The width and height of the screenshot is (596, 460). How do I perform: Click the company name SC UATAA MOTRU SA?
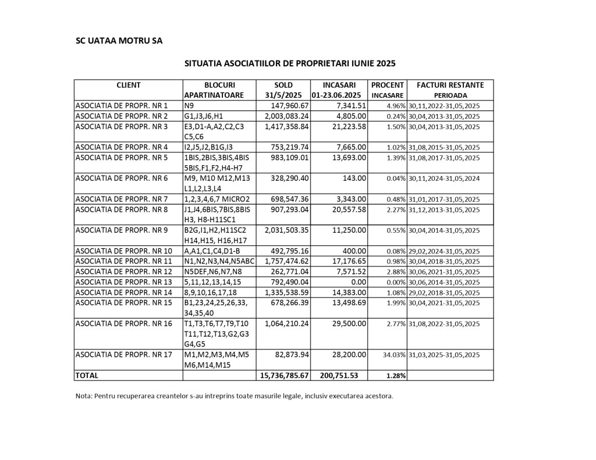119,41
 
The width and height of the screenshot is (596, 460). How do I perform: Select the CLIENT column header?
128,85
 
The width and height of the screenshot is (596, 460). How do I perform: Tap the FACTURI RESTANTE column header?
450,85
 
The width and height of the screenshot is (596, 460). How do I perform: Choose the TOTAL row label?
87,376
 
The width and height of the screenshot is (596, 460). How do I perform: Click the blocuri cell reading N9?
189,105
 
